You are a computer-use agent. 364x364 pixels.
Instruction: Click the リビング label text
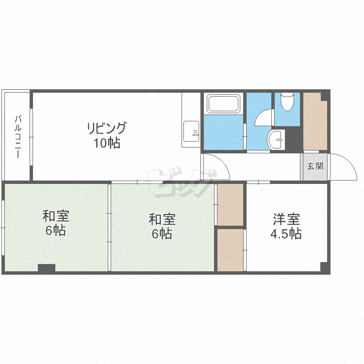tap(107, 128)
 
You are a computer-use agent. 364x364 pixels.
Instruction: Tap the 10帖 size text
tap(107, 143)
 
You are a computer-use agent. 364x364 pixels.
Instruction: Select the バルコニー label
tap(18, 137)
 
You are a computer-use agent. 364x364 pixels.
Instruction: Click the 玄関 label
tap(315, 166)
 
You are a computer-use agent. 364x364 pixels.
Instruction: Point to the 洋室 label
tap(286, 219)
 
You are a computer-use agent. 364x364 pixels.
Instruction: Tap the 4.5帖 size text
tap(286, 233)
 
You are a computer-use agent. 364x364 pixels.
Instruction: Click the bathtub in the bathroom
tap(223, 103)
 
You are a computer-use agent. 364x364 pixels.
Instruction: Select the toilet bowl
tap(287, 102)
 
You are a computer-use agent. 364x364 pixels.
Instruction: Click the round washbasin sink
tap(276, 139)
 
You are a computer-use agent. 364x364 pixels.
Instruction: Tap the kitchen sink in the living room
tap(191, 132)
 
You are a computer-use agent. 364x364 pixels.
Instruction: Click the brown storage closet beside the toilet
tap(315, 121)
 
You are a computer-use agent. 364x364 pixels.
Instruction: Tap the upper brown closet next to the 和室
tap(230, 204)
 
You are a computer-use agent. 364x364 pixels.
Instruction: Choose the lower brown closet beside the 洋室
tap(230, 250)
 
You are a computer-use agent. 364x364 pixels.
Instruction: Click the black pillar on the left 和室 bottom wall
tap(47, 268)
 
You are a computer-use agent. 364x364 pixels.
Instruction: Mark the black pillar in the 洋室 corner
tap(324, 267)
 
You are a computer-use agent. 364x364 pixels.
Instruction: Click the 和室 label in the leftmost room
tap(56, 216)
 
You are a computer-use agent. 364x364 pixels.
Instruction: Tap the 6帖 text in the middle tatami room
tap(162, 233)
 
